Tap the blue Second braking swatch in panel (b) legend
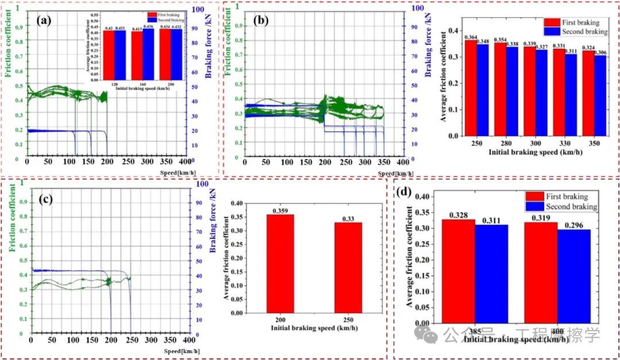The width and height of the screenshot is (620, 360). point(553,32)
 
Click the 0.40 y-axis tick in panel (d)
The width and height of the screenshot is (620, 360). point(423,196)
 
